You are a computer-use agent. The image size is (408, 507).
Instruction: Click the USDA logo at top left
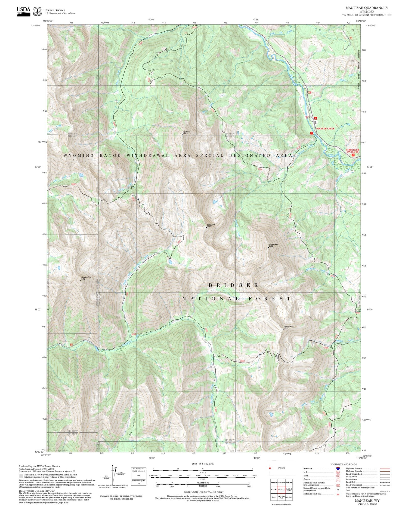(24, 10)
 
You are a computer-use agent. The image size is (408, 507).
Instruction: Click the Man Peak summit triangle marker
(182, 135)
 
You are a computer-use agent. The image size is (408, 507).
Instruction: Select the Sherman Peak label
(288, 327)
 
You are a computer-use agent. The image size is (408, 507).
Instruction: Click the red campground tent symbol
(316, 118)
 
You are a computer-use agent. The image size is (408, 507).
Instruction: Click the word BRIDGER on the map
(234, 285)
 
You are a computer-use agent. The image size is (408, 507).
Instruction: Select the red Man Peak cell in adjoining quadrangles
(281, 490)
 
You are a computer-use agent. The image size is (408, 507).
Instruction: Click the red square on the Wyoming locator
(270, 468)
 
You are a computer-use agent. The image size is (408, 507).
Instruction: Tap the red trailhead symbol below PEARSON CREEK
(312, 133)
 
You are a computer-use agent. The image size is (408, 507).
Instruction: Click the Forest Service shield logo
(37, 11)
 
